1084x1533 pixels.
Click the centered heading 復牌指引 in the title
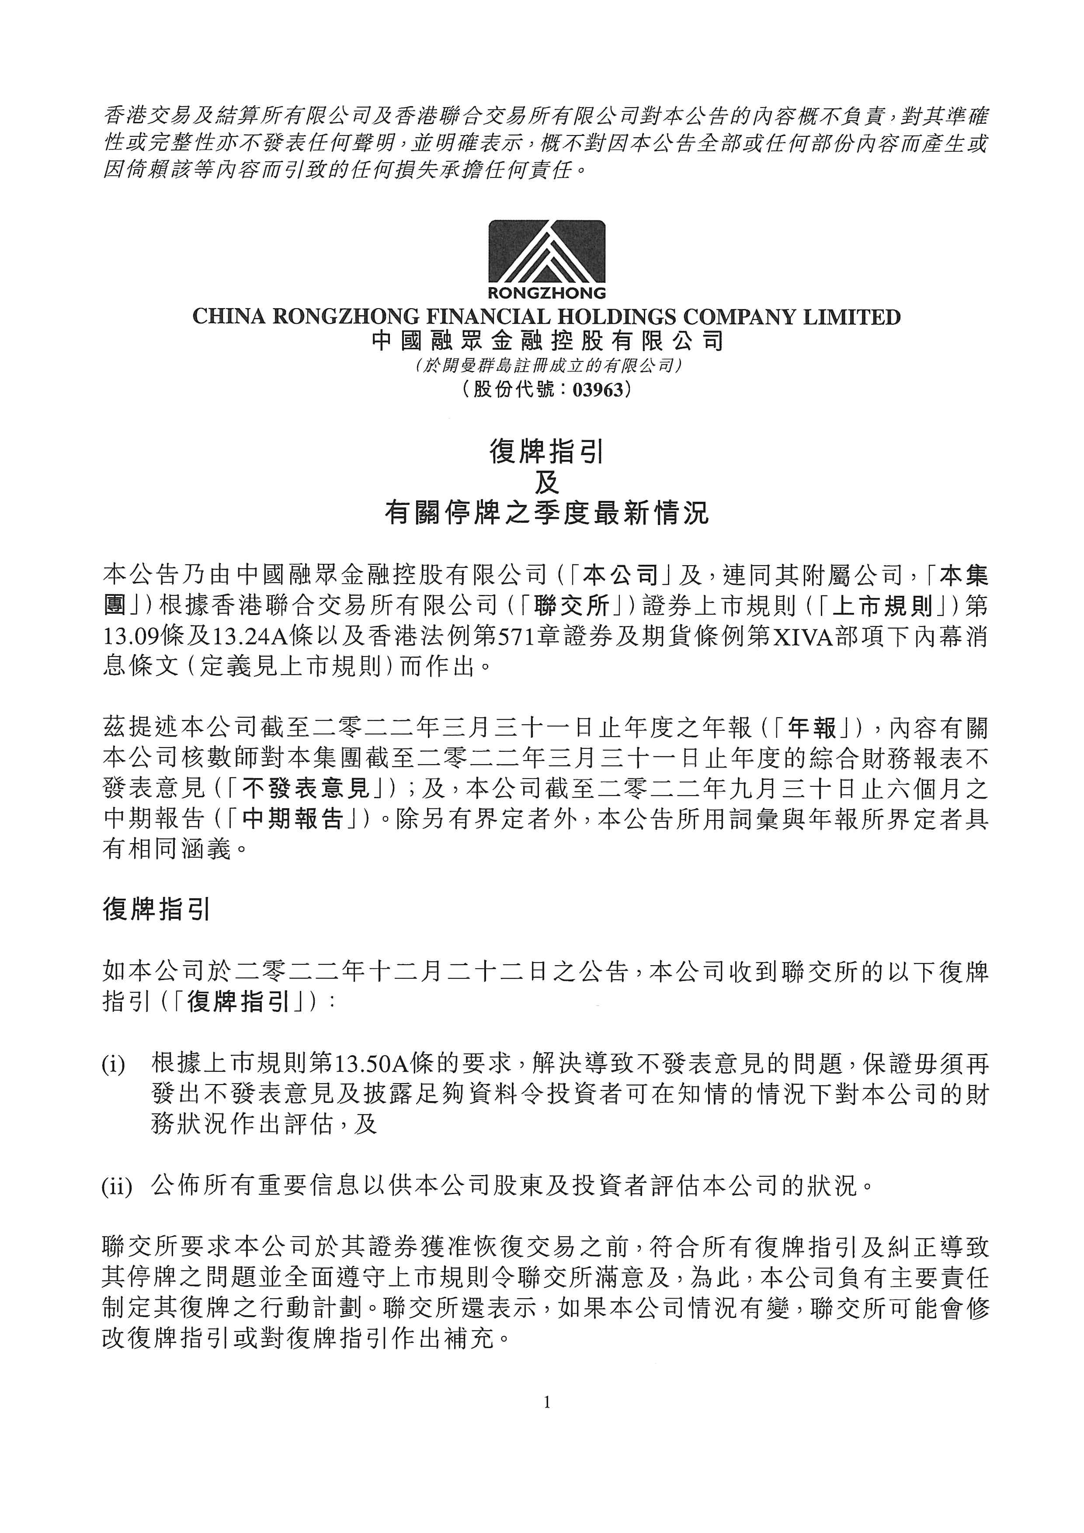pyautogui.click(x=547, y=453)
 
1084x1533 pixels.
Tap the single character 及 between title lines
pyautogui.click(x=547, y=483)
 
